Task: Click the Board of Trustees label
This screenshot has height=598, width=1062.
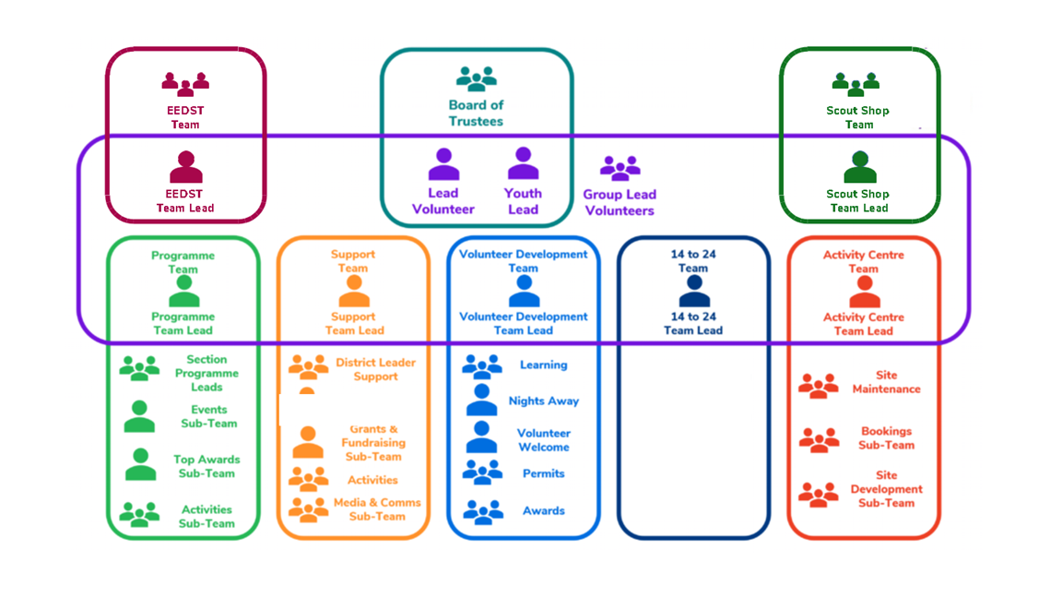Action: (x=476, y=113)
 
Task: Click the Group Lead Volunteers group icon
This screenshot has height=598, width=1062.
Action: (x=619, y=168)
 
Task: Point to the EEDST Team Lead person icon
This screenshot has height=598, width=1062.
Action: (x=185, y=168)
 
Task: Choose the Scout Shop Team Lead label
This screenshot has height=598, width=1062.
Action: (x=858, y=201)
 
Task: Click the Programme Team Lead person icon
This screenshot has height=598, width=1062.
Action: (x=183, y=292)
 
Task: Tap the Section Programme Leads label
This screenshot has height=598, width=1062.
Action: (x=206, y=373)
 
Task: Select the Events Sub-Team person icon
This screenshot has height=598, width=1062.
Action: (x=139, y=417)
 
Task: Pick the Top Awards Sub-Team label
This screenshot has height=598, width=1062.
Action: (x=206, y=466)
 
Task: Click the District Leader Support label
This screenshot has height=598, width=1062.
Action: (x=375, y=369)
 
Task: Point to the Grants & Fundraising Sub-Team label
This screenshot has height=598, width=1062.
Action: (x=373, y=443)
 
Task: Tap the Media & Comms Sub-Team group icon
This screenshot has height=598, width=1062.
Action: (x=308, y=509)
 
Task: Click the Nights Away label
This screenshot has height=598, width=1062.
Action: (x=544, y=401)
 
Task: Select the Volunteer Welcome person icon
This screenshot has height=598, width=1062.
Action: (x=481, y=437)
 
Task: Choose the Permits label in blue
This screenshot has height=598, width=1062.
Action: (x=543, y=473)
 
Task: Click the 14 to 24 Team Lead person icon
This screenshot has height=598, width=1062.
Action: (x=693, y=292)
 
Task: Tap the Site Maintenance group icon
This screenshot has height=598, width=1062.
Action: (x=818, y=384)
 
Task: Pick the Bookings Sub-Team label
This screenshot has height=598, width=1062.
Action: (x=886, y=437)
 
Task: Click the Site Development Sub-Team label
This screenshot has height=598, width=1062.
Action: (x=886, y=489)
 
